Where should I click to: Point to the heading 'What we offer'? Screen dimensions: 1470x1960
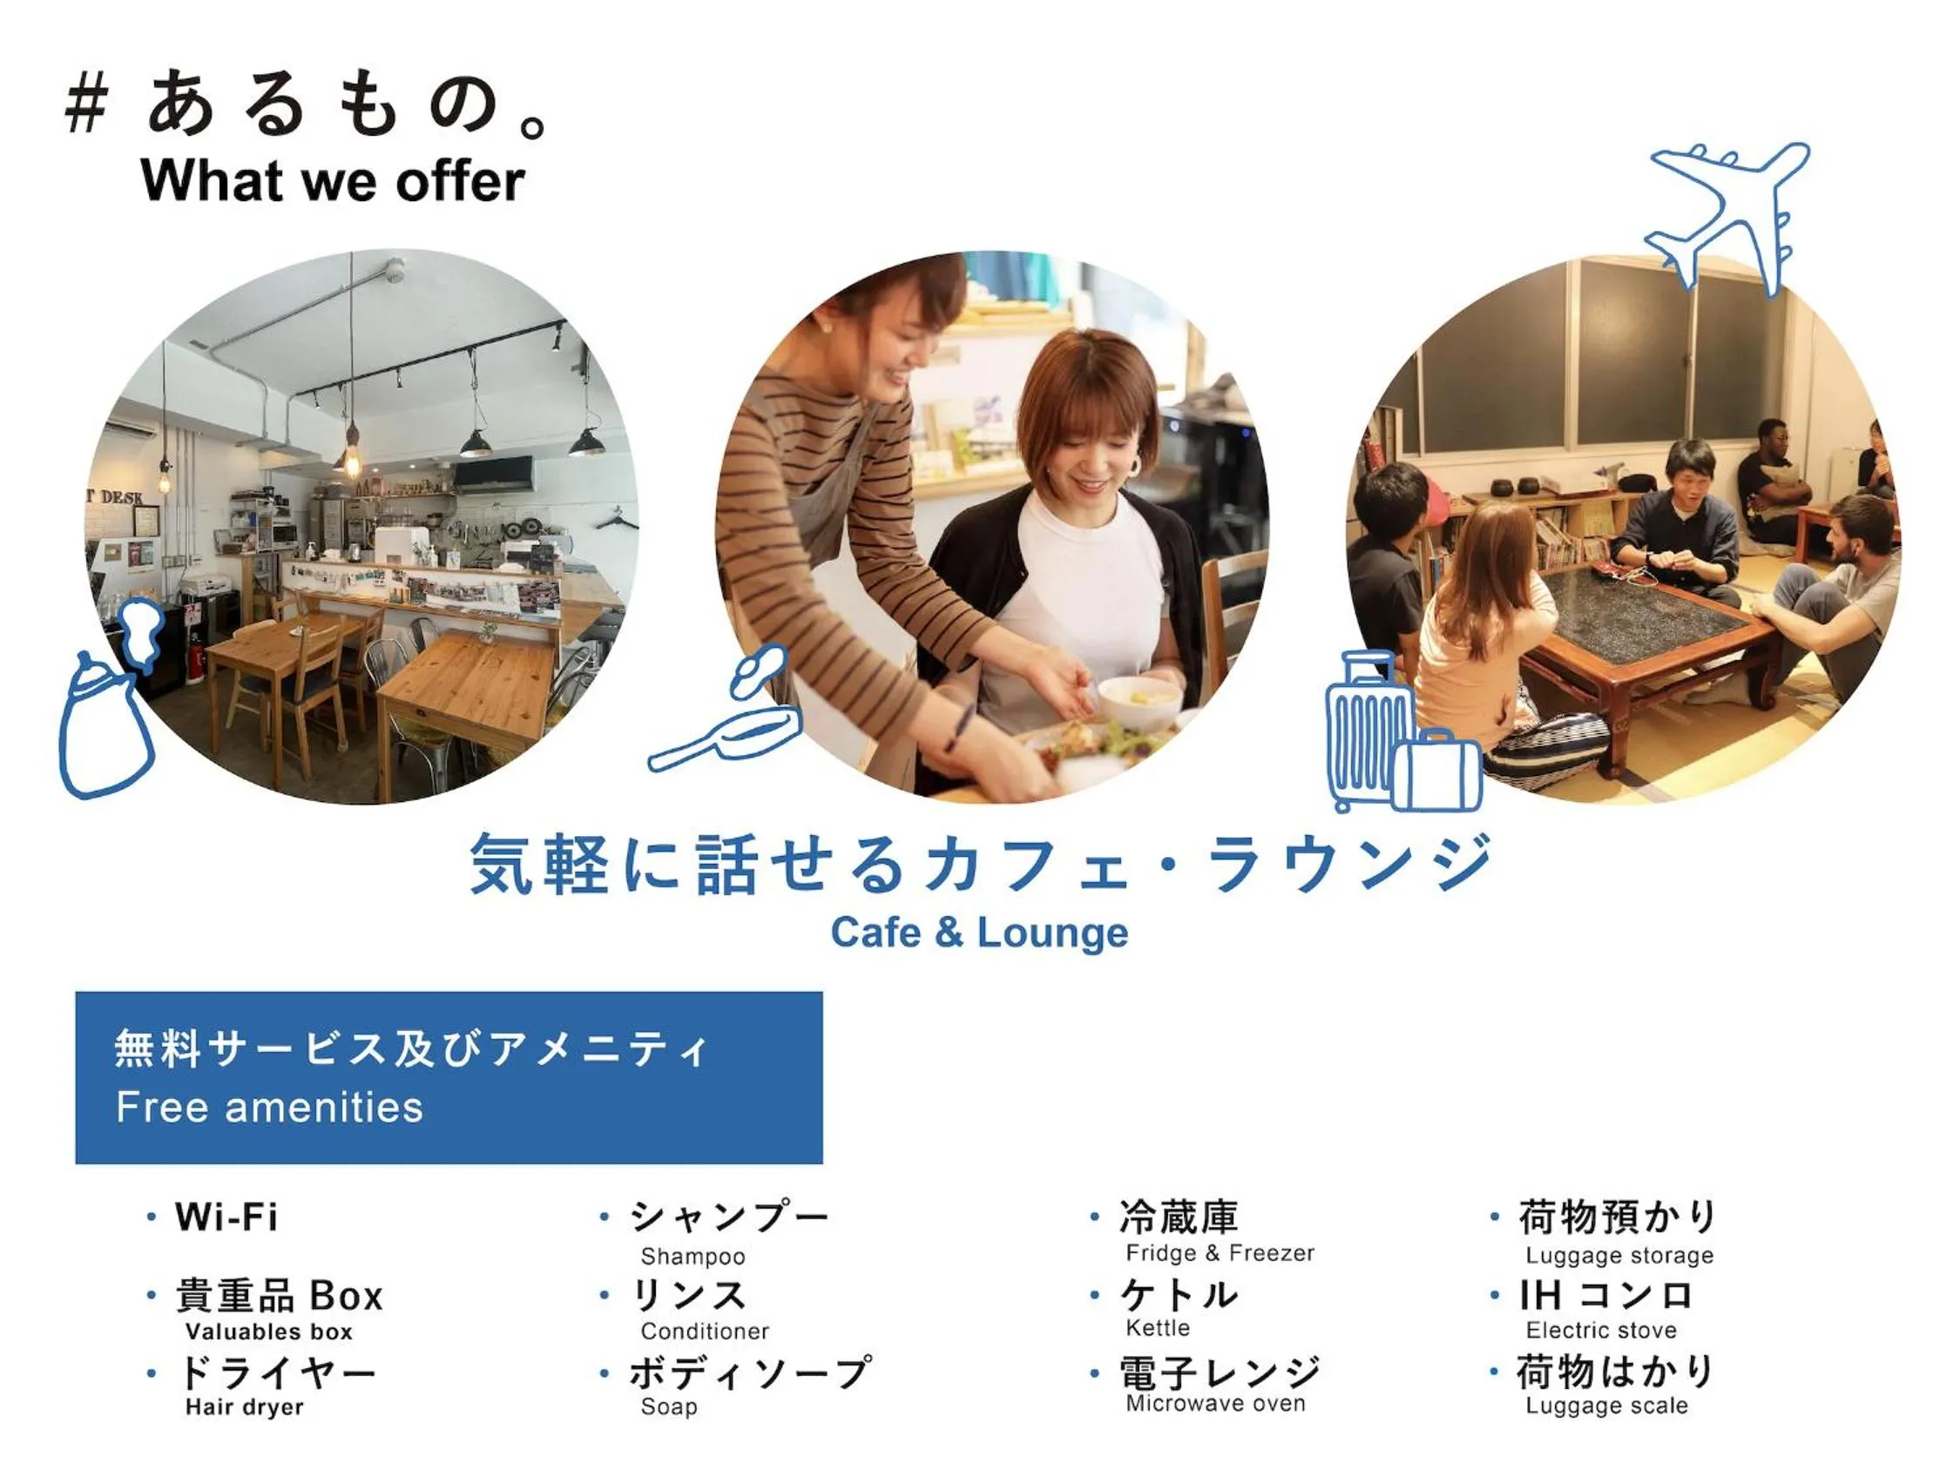tap(332, 181)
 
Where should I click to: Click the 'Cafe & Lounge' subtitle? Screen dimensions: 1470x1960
tap(979, 932)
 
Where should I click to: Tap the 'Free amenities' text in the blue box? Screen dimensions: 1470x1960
tap(269, 1108)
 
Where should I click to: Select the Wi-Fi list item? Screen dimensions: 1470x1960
tap(226, 1217)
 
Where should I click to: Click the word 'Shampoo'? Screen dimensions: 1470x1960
tap(693, 1257)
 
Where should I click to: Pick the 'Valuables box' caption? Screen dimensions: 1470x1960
tap(268, 1332)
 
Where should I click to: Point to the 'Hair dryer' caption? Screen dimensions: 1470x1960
tap(245, 1407)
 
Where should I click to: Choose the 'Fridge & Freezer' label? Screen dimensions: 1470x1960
tap(1220, 1253)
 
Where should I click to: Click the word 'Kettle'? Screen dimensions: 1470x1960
tap(1157, 1328)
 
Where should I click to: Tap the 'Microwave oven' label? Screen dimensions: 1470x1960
tap(1216, 1404)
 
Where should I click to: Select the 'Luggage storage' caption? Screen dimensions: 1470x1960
tap(1619, 1256)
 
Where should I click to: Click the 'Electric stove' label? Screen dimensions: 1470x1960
tap(1601, 1330)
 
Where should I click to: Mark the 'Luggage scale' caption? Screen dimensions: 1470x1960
tap(1606, 1406)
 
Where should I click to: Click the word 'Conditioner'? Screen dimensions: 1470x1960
tap(705, 1331)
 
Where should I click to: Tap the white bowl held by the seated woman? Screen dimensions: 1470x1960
tap(1139, 700)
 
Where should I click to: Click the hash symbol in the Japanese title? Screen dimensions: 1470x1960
tap(87, 104)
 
